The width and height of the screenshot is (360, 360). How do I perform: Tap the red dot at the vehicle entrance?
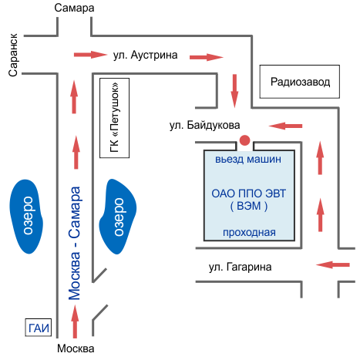pos(244,140)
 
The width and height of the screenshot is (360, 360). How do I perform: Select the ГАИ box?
pos(39,328)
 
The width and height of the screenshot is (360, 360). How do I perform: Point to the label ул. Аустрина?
pos(145,55)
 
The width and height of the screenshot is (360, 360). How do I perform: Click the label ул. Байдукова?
pos(204,125)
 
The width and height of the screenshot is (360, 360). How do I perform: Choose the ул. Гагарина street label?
pos(240,267)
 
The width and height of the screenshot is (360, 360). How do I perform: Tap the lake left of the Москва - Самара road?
pos(26,217)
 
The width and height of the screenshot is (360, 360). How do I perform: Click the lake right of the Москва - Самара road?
pos(118,217)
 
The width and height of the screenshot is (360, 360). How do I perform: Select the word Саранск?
pos(13,55)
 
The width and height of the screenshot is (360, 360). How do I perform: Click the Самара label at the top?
pos(74,8)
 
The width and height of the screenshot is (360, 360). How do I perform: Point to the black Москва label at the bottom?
pos(76,348)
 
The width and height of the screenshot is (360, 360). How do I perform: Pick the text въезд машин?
pos(248,159)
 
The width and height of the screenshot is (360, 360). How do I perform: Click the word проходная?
pos(249,232)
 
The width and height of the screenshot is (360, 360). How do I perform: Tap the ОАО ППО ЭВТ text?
pos(248,193)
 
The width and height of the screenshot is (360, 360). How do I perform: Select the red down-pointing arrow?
pos(234,91)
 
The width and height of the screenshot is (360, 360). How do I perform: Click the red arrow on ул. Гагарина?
pos(333,264)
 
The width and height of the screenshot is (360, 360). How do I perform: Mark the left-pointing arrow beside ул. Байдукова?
pos(285,126)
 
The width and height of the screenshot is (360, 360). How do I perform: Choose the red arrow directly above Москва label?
pos(75,321)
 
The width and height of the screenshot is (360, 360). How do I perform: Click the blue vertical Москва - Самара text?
pos(74,243)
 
